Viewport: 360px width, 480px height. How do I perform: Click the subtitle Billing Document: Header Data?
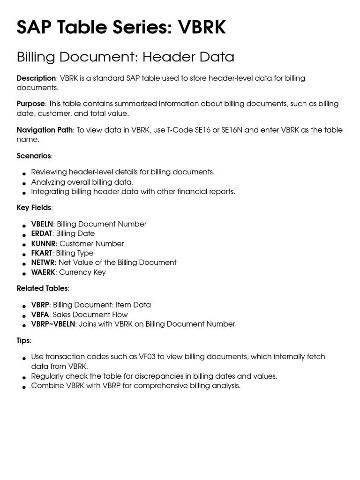125,57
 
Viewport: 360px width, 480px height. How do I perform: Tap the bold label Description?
36,78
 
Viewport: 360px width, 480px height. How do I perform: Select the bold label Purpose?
31,104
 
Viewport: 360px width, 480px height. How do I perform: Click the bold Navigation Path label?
45,130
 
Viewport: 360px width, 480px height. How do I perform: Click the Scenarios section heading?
34,156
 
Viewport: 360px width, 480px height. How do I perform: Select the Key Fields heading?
34,207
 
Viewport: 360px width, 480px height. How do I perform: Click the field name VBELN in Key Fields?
42,224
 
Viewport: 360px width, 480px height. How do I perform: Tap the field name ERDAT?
42,233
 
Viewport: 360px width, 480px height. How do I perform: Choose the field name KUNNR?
43,244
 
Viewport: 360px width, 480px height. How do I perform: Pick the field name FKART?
42,253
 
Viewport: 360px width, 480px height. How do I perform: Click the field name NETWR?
43,262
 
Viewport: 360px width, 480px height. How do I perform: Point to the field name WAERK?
43,272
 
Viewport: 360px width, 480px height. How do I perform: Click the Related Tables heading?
42,288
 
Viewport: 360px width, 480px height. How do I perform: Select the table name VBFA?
40,315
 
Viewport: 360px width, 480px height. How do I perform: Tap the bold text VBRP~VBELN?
53,324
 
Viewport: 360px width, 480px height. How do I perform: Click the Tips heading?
23,340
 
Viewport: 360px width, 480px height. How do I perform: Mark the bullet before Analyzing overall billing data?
23,183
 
